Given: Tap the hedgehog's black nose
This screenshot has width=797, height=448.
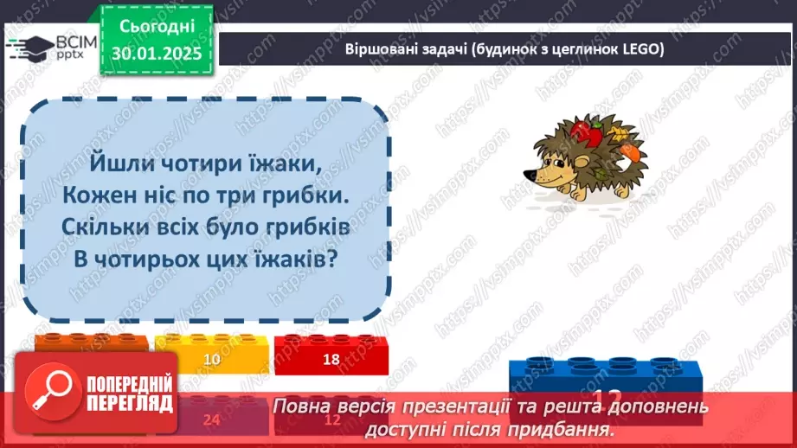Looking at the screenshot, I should (527, 173).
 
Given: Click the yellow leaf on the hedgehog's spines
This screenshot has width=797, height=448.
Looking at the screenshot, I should (620, 132).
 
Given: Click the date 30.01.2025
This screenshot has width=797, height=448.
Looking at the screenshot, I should (155, 53).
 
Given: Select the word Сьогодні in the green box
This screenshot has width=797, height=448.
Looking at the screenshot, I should (156, 27).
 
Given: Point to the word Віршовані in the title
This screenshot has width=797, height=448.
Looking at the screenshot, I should (375, 50).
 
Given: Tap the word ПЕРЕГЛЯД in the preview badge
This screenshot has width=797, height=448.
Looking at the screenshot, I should (129, 404).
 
